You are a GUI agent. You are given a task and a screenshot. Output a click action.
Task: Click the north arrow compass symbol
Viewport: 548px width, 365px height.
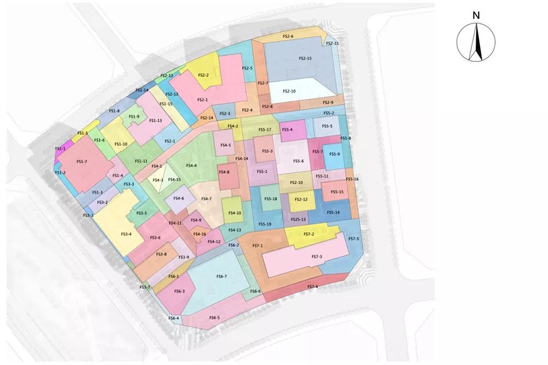(476, 43)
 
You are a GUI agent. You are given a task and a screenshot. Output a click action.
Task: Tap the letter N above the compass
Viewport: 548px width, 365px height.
(476, 15)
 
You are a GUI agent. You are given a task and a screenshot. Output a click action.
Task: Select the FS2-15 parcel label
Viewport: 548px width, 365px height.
(305, 58)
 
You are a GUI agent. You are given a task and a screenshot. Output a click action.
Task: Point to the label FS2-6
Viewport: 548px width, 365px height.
(288, 36)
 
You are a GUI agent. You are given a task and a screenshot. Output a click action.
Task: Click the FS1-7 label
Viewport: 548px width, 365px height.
(82, 162)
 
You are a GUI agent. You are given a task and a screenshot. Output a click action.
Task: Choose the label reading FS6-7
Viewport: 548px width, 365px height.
(221, 276)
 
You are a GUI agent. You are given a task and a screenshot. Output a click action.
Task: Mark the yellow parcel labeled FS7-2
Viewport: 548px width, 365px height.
(309, 234)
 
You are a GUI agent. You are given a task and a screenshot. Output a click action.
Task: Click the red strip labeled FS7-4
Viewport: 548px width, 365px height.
(312, 287)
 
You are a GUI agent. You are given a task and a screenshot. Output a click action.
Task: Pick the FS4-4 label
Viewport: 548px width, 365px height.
(191, 165)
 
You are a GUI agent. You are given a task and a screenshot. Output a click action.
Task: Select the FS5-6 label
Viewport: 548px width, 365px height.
(298, 161)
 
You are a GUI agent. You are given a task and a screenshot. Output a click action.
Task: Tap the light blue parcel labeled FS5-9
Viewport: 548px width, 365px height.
(334, 154)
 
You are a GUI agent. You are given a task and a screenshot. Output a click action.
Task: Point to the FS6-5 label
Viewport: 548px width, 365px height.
(214, 318)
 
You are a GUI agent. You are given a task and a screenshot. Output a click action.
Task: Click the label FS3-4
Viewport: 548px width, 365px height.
(126, 234)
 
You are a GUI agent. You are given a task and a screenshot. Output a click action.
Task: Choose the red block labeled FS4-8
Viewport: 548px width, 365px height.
(224, 173)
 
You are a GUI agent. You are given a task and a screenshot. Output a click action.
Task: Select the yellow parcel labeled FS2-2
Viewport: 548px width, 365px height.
(204, 75)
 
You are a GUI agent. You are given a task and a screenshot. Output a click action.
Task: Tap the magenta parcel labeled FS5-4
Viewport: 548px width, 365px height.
(287, 130)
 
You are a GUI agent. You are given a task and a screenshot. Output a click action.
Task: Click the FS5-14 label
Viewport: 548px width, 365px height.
(333, 212)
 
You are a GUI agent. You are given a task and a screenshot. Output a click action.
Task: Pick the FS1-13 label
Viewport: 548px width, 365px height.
(156, 121)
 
